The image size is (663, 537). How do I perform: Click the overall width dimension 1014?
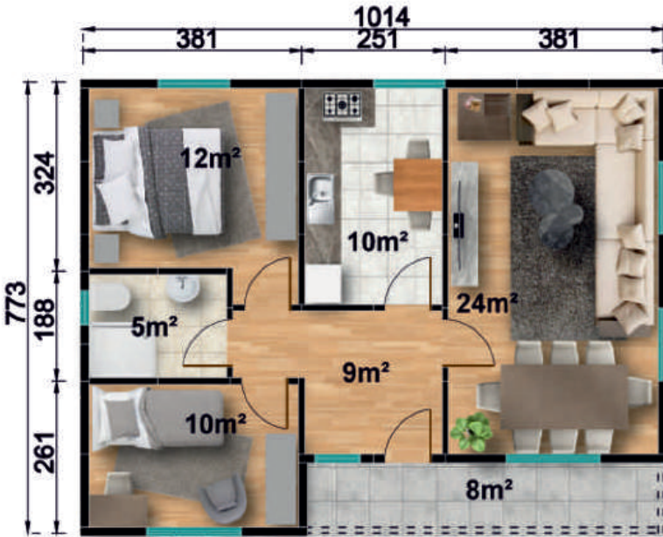[x=381, y=17]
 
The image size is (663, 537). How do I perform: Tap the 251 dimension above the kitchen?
[x=377, y=39]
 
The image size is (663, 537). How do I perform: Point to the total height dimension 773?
[x=16, y=303]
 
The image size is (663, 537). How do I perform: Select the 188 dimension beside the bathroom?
[x=45, y=319]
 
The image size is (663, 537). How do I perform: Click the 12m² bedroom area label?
[x=210, y=157]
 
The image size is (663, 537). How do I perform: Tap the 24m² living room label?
[x=487, y=303]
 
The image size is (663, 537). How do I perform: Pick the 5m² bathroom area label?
[x=154, y=327]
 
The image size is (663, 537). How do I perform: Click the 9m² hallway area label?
[x=366, y=373]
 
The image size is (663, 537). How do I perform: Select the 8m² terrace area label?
[x=489, y=490]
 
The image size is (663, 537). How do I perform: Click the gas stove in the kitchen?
[x=343, y=105]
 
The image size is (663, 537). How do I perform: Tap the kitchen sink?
[x=320, y=199]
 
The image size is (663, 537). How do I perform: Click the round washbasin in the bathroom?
[x=183, y=289]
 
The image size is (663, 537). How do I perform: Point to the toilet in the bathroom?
[x=110, y=297]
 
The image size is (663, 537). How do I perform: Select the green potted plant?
[x=471, y=432]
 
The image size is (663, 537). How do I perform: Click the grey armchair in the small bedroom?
[x=222, y=499]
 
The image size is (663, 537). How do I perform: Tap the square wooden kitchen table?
[x=418, y=185]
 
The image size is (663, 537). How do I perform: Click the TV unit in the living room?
[x=464, y=225]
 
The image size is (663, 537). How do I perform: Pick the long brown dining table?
[x=564, y=397]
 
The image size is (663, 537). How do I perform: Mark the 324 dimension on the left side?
[x=45, y=172]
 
